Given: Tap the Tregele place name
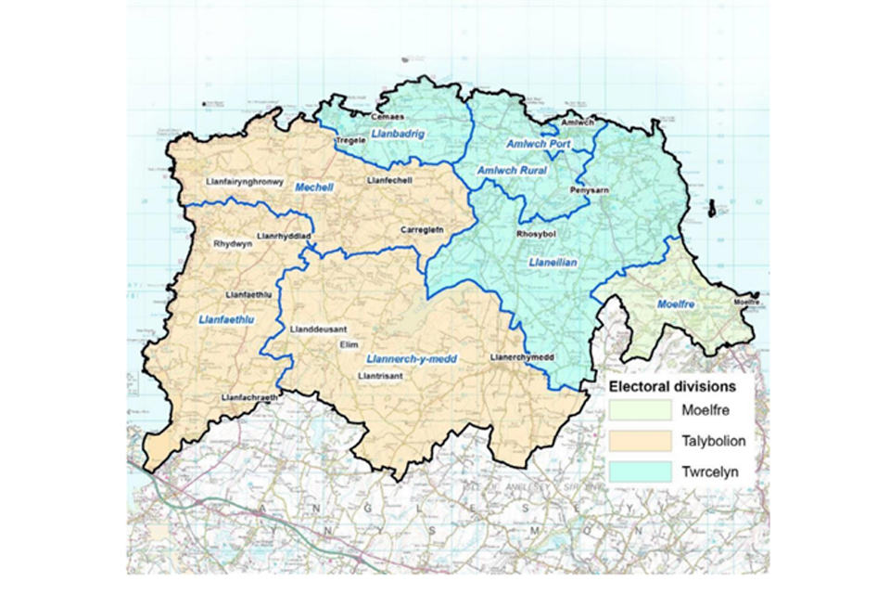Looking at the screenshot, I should click(x=350, y=140).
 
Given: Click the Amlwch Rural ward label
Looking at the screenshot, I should click(x=512, y=171).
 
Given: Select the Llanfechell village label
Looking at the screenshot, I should click(x=389, y=180).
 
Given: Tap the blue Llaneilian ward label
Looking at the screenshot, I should click(x=552, y=263).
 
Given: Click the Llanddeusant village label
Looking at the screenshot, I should click(x=318, y=329).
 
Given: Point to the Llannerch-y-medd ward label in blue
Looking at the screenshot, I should click(x=412, y=358).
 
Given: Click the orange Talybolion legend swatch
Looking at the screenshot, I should click(x=640, y=440).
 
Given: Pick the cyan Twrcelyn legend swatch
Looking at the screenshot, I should click(x=640, y=471).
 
